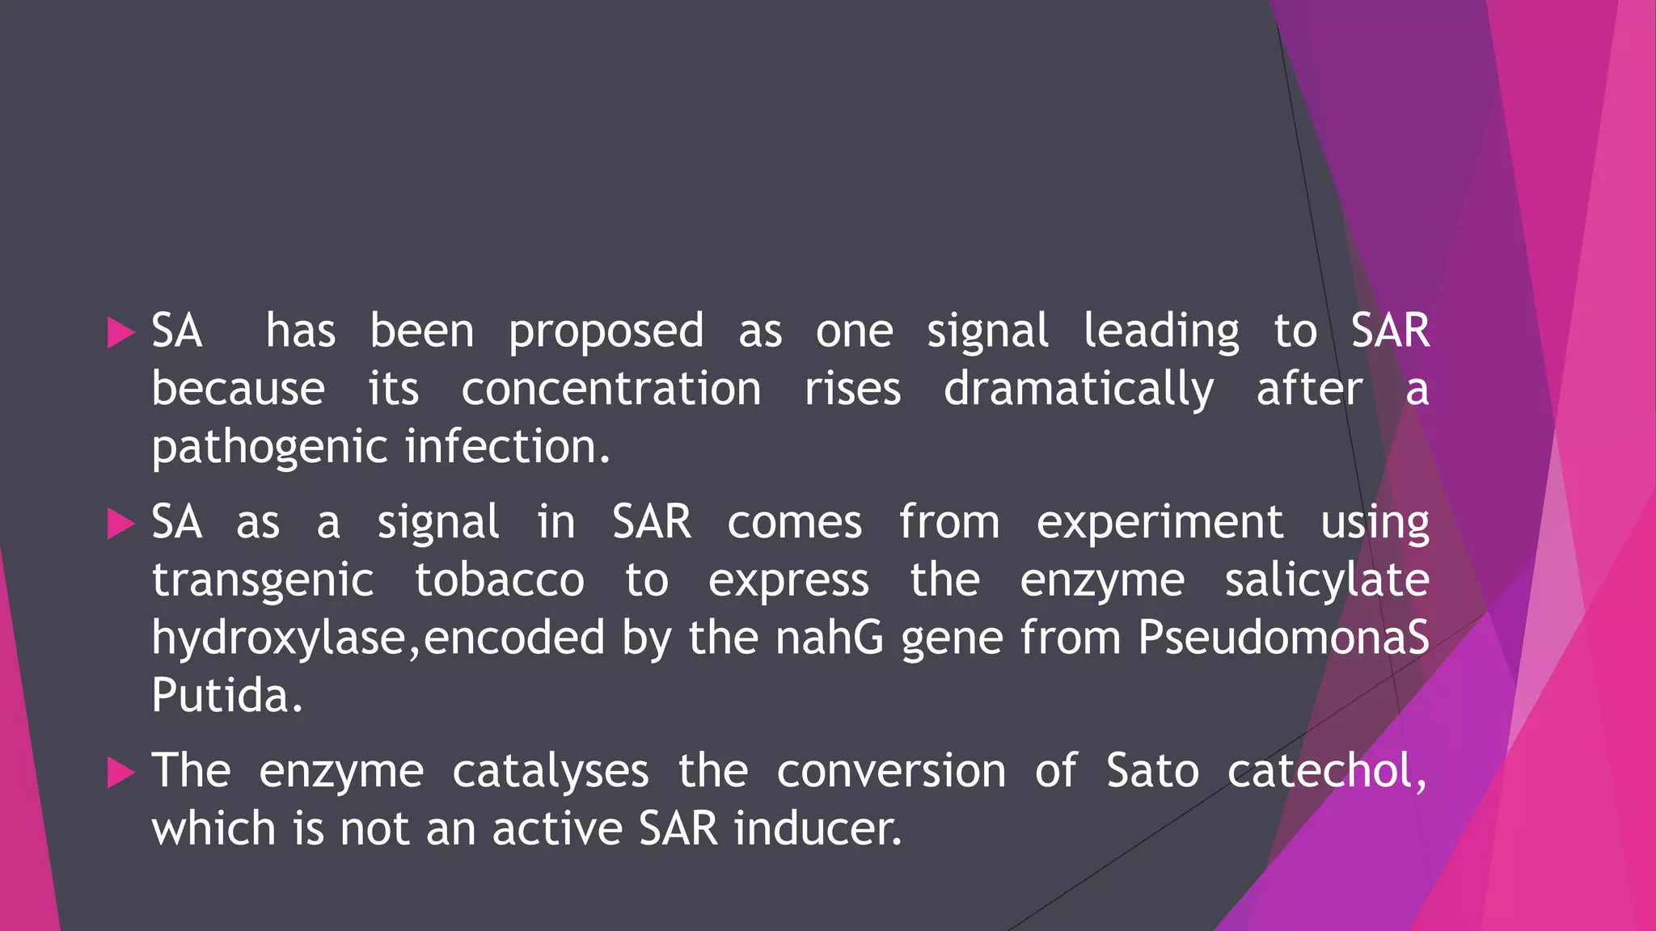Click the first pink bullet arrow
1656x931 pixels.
120,333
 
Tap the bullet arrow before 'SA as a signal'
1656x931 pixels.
120,524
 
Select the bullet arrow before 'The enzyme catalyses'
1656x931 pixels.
120,773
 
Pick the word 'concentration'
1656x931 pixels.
611,390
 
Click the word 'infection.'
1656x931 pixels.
507,447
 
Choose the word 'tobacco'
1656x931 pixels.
500,580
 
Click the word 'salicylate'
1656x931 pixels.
1327,580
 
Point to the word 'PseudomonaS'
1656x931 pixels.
1283,638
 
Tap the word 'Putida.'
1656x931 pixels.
227,695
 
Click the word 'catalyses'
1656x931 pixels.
550,772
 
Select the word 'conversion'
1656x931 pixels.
891,771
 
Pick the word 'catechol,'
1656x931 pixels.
1327,771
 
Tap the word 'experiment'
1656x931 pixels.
1160,524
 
